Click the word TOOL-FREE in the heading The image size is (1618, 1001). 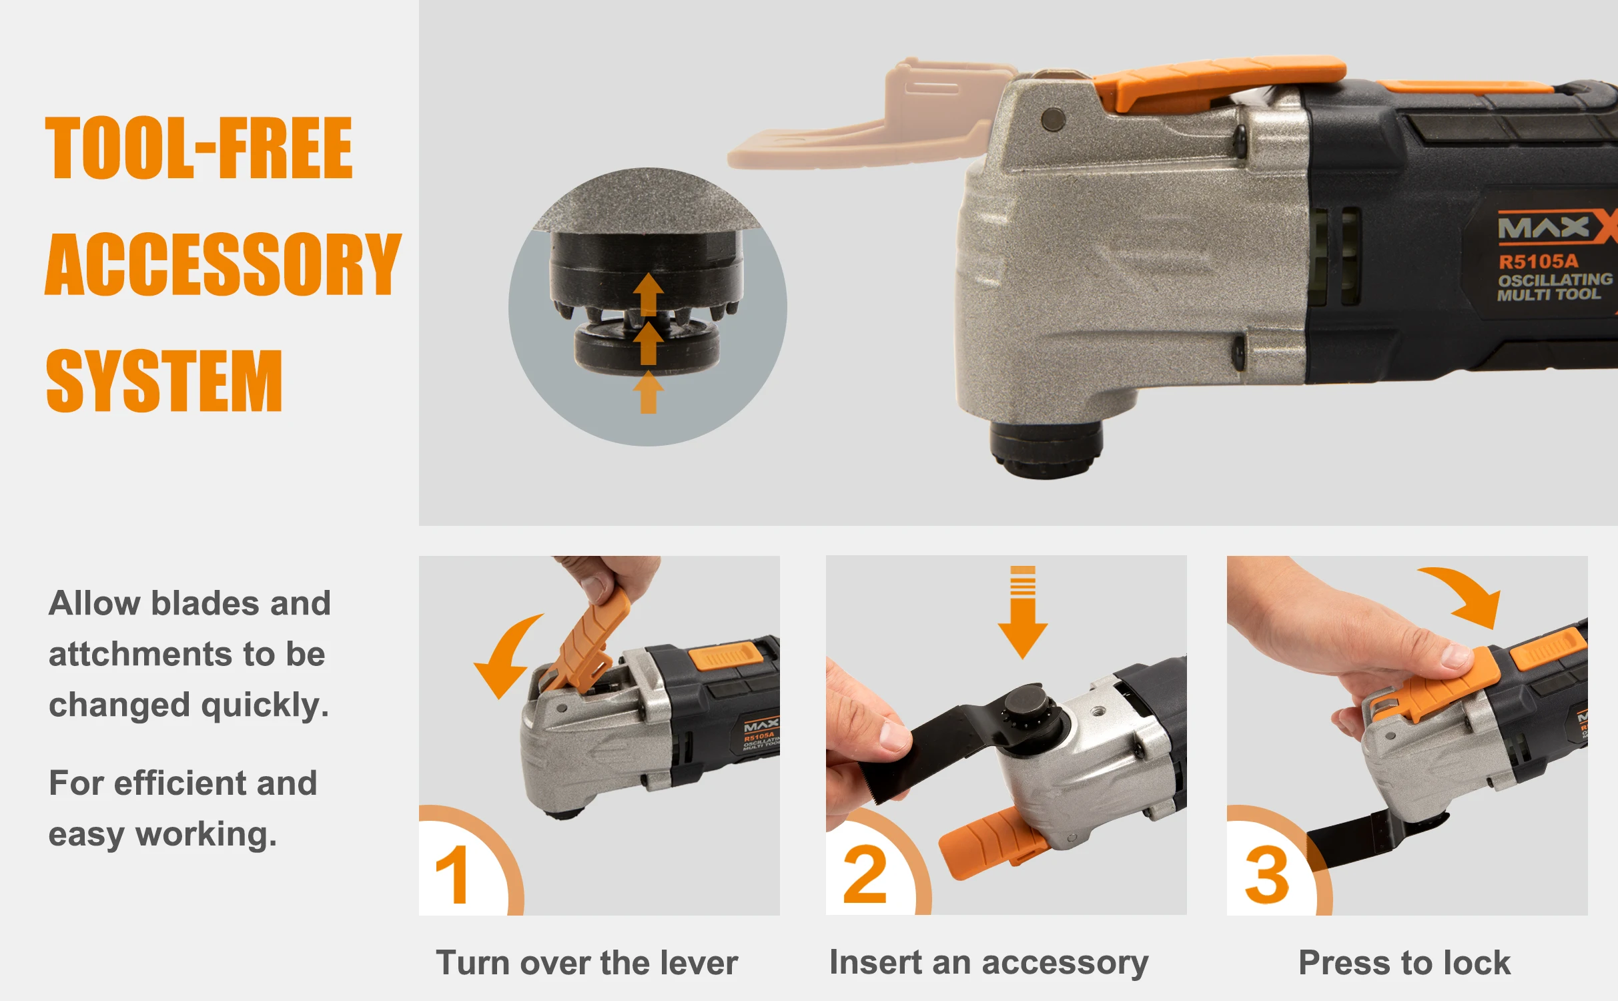click(x=199, y=148)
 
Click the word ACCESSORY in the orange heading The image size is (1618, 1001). click(x=223, y=265)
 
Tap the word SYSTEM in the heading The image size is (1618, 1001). click(x=164, y=381)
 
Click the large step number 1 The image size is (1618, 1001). click(x=452, y=874)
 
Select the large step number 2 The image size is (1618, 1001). click(x=865, y=874)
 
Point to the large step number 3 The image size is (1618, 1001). click(x=1266, y=874)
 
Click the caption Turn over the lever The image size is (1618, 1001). click(x=586, y=963)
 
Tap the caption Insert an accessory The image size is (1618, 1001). click(x=988, y=962)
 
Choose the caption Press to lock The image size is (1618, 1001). click(x=1404, y=963)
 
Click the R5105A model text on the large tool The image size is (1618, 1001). click(x=1538, y=261)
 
